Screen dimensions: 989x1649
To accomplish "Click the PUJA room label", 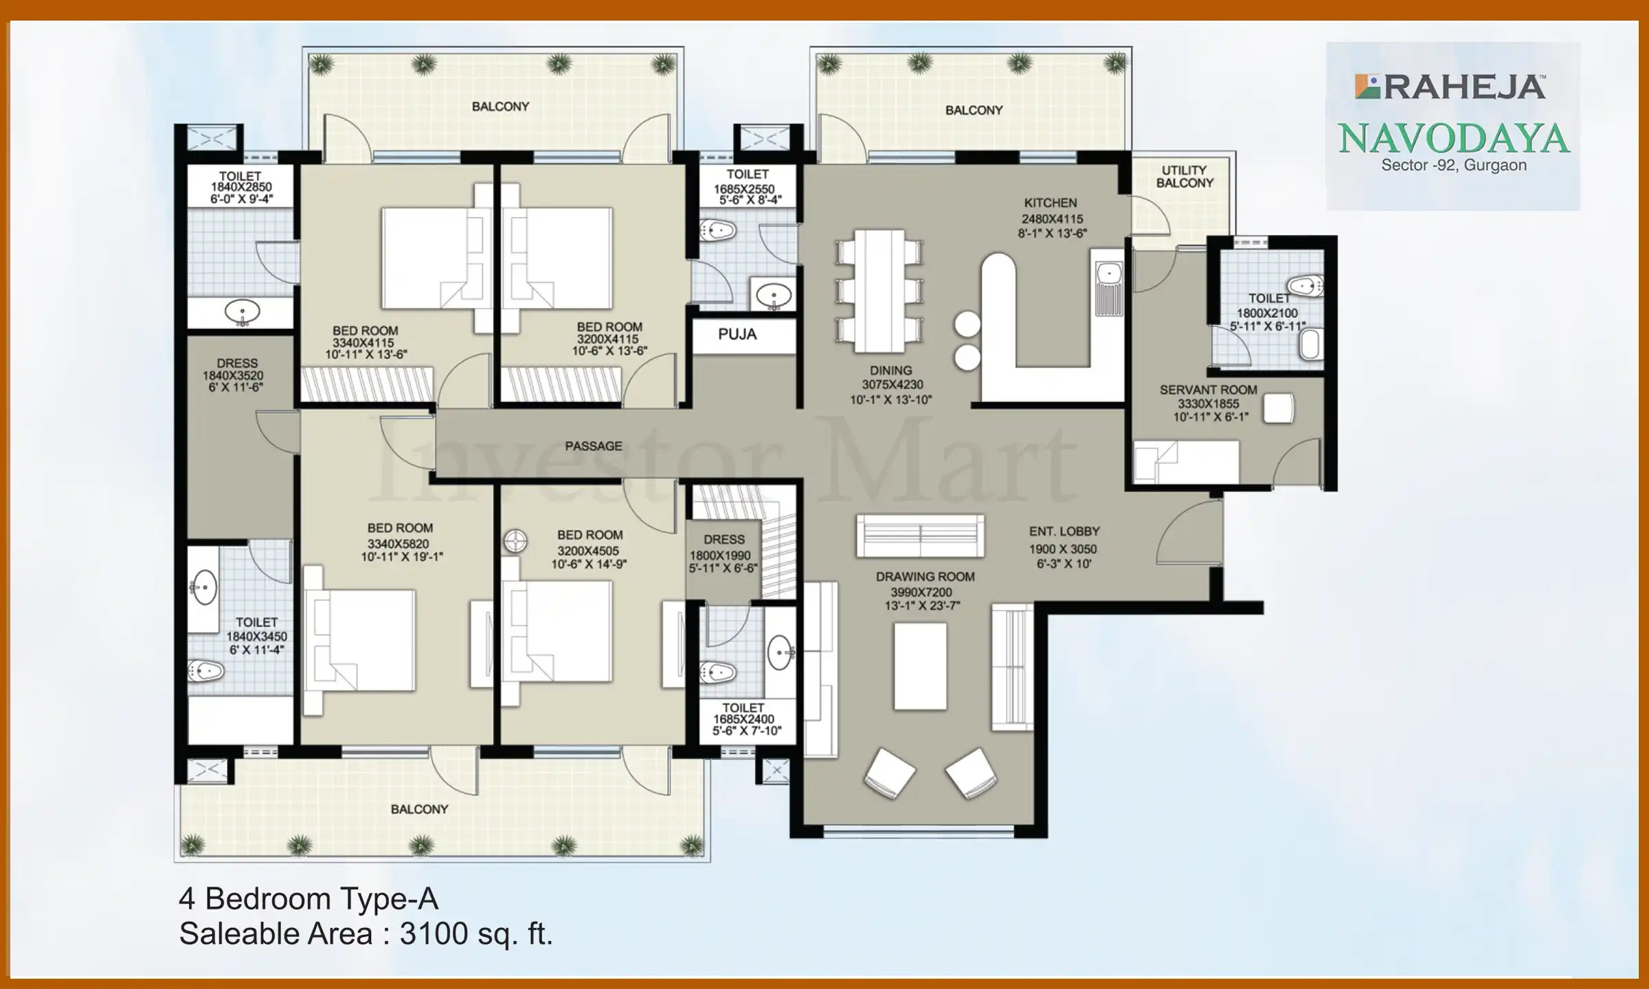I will [737, 334].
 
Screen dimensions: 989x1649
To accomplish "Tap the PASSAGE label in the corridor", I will [594, 446].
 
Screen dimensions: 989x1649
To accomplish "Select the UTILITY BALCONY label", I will [1184, 177].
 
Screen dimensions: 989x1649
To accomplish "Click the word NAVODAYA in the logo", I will [1453, 139].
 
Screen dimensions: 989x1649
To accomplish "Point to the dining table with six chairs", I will [879, 291].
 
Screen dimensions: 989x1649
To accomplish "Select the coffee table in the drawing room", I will [920, 666].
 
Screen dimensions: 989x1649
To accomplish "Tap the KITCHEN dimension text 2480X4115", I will [1052, 219].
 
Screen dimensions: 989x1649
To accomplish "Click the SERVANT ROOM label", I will [1208, 390].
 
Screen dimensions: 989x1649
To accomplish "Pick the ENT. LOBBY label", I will [1064, 532].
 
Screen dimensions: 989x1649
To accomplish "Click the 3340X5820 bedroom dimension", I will [399, 544].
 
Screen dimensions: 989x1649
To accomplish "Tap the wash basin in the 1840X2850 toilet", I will [242, 312].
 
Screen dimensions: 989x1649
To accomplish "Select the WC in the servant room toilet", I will [1305, 286].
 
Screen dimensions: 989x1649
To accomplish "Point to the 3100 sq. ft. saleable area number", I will [475, 934].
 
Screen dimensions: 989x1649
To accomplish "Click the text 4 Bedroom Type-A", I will [309, 898].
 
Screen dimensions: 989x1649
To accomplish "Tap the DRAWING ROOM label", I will [925, 577].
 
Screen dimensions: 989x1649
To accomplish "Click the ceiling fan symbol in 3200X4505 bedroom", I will [515, 542].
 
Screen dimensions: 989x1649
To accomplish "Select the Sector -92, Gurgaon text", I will [1454, 166].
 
